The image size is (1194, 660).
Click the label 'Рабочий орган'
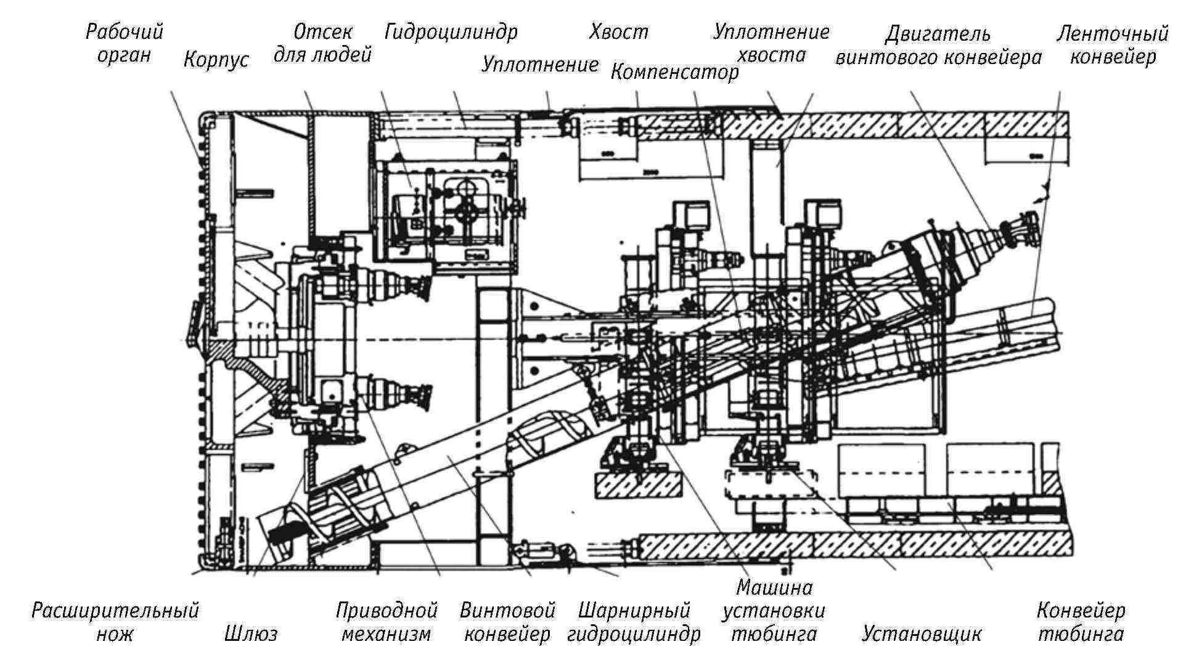pyautogui.click(x=124, y=43)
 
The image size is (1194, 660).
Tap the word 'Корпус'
pyautogui.click(x=216, y=60)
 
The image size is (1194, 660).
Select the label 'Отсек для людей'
pyautogui.click(x=322, y=43)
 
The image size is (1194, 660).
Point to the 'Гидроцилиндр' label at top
pyautogui.click(x=451, y=32)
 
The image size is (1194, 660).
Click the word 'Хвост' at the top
pyautogui.click(x=618, y=32)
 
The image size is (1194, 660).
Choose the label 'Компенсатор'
pyautogui.click(x=674, y=73)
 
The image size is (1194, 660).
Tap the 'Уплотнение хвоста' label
pyautogui.click(x=771, y=43)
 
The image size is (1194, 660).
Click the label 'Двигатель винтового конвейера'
pyautogui.click(x=938, y=46)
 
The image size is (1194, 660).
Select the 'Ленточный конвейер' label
pyautogui.click(x=1113, y=44)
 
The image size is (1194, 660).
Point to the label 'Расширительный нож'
pyautogui.click(x=115, y=622)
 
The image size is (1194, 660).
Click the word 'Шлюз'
pyautogui.click(x=251, y=633)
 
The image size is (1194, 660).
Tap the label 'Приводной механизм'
pyautogui.click(x=386, y=622)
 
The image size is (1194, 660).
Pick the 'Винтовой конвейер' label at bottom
pyautogui.click(x=507, y=622)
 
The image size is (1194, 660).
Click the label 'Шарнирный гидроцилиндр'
pyautogui.click(x=634, y=622)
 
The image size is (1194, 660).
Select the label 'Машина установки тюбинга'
pyautogui.click(x=774, y=610)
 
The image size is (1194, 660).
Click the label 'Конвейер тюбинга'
pyautogui.click(x=1081, y=622)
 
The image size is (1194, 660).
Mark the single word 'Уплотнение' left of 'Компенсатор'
pyautogui.click(x=540, y=64)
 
